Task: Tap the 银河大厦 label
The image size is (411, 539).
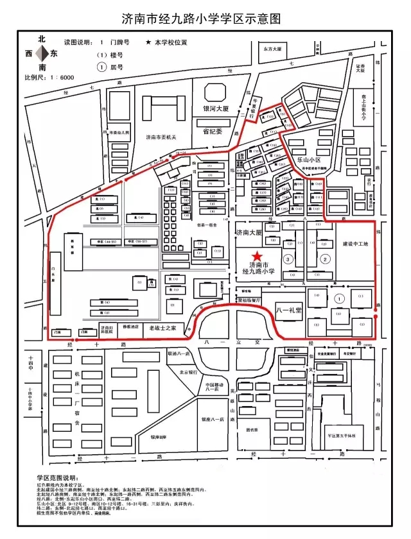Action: click(216, 108)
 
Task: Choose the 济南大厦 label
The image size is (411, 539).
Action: click(250, 232)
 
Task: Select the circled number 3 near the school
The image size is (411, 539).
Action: click(288, 259)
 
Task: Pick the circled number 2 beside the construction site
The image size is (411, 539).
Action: click(325, 259)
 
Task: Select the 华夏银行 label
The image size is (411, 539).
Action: click(254, 106)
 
